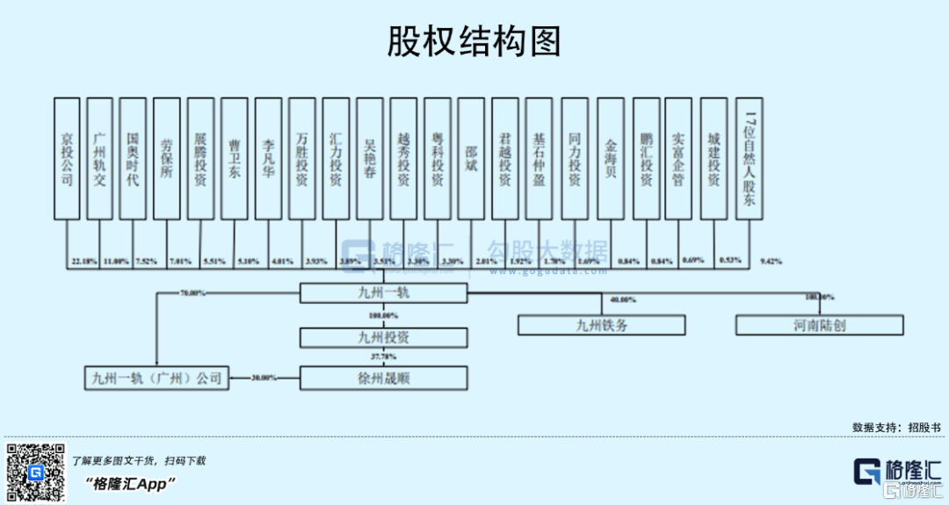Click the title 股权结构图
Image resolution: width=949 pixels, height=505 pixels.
pyautogui.click(x=474, y=40)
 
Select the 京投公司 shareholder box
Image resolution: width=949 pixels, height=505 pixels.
pyautogui.click(x=68, y=158)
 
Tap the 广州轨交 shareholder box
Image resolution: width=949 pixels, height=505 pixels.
pyautogui.click(x=100, y=158)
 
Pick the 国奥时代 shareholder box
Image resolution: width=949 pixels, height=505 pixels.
pyautogui.click(x=133, y=158)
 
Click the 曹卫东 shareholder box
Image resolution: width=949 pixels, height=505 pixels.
pyautogui.click(x=235, y=158)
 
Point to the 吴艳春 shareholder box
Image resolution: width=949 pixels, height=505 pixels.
pyautogui.click(x=370, y=158)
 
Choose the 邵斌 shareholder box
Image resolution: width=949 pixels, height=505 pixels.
pyautogui.click(x=471, y=158)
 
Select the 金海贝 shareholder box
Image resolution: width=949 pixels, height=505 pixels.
pyautogui.click(x=611, y=158)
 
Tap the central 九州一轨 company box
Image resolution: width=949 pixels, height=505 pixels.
pyautogui.click(x=383, y=293)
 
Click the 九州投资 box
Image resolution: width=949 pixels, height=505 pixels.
pyautogui.click(x=383, y=336)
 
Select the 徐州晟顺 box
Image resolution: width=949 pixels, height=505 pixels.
pyautogui.click(x=383, y=379)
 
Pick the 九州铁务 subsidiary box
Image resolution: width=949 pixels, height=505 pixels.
pyautogui.click(x=602, y=325)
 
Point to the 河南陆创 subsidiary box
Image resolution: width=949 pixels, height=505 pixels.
pyautogui.click(x=819, y=325)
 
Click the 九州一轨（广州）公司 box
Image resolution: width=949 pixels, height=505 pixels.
pyautogui.click(x=156, y=379)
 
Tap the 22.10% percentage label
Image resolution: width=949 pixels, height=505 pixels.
pyautogui.click(x=84, y=262)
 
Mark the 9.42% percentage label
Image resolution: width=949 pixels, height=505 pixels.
pyautogui.click(x=771, y=262)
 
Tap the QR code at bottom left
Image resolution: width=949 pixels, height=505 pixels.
pyautogui.click(x=36, y=473)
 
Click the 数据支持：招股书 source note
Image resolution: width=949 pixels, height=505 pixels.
pyautogui.click(x=895, y=427)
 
